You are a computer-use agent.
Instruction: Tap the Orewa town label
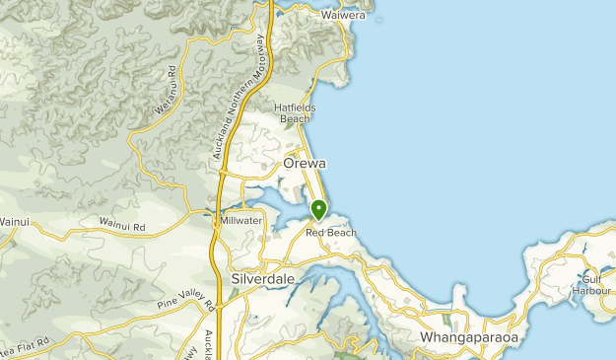pos(305,164)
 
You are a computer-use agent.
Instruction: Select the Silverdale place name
pos(262,280)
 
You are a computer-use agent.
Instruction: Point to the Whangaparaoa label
pos(469,337)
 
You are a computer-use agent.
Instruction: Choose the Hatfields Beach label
pos(295,112)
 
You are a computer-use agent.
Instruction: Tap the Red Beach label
pos(331,233)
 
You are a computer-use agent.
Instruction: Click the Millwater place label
pos(241,220)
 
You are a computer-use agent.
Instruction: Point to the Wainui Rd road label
pos(122,226)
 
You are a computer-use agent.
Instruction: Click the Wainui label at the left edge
pos(11,222)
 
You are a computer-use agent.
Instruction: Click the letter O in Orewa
pos(289,164)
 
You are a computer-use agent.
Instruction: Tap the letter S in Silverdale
pos(236,280)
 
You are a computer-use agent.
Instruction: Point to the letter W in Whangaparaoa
pos(427,337)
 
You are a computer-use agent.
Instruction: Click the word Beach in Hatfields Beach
pos(295,119)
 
